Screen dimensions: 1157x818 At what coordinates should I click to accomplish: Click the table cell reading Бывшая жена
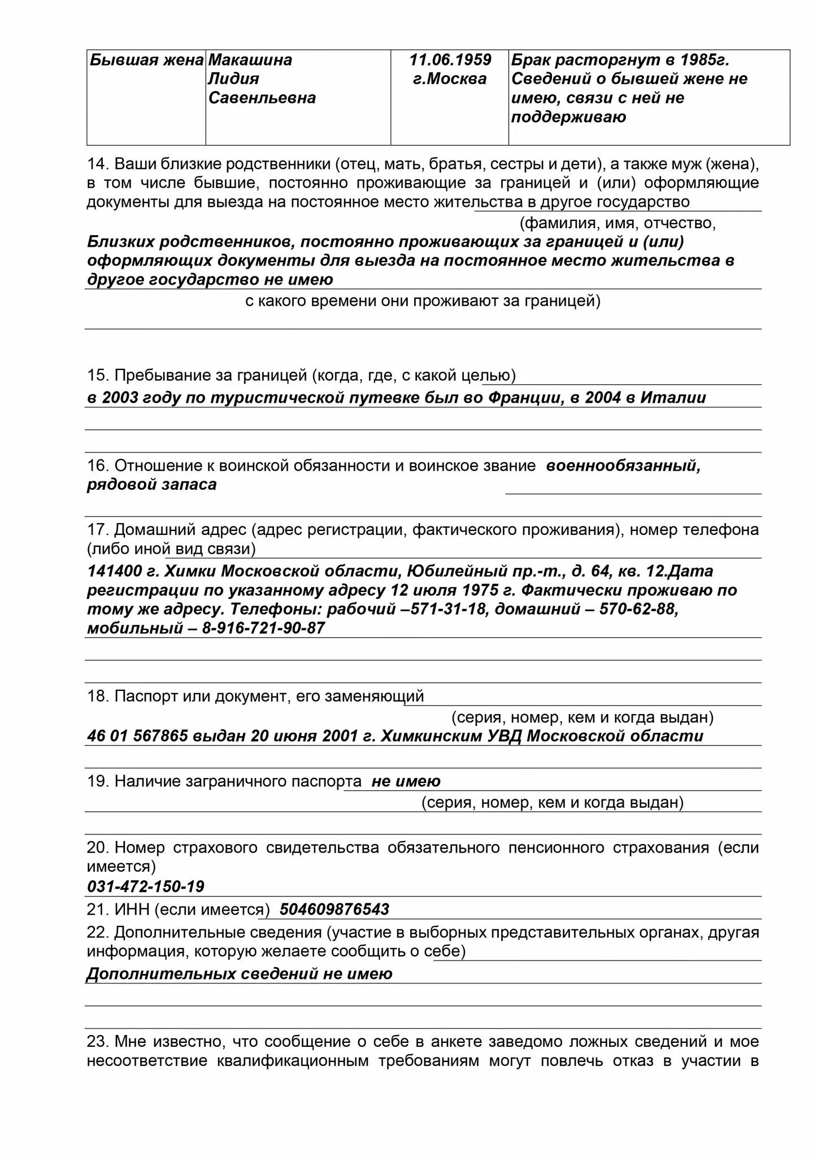click(146, 60)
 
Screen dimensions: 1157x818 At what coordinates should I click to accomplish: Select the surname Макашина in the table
click(250, 60)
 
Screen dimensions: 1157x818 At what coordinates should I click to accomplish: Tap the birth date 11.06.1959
click(450, 60)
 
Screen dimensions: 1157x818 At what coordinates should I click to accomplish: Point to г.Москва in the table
click(450, 79)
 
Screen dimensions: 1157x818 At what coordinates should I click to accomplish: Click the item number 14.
click(97, 164)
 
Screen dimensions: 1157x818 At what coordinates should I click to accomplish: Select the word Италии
click(673, 398)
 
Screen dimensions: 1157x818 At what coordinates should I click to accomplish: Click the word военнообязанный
click(623, 466)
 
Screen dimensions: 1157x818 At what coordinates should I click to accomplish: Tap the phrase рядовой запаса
click(151, 485)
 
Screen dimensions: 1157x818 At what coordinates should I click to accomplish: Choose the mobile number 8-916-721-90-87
click(263, 629)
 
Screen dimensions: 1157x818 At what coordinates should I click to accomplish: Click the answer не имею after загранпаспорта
click(406, 782)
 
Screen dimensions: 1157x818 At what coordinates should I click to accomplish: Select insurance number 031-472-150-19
click(146, 886)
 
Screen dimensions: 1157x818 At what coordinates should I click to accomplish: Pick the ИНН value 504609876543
click(334, 910)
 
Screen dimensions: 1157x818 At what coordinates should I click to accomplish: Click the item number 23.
click(97, 1042)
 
